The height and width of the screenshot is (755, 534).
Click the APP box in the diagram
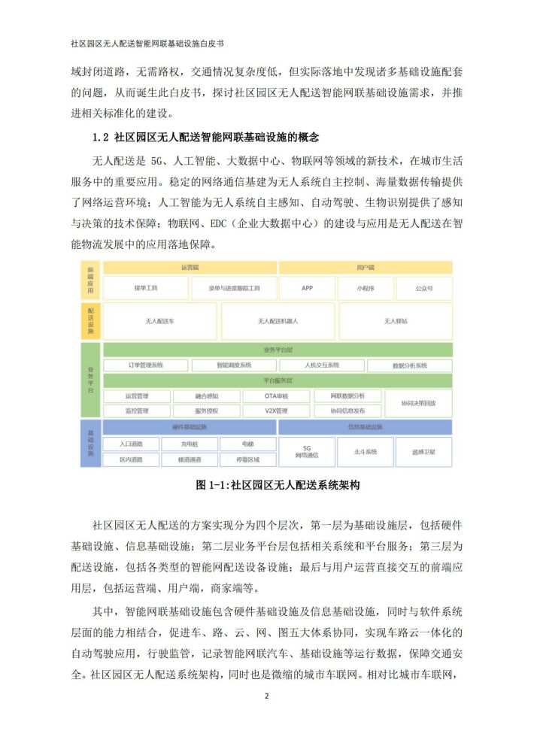coord(307,288)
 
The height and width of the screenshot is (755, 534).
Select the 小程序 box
coord(366,288)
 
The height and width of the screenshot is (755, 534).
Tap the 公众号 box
coord(423,288)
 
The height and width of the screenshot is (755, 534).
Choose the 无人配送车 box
coord(159,321)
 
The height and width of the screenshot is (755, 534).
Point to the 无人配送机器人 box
coord(278,321)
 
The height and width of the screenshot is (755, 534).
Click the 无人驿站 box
coord(396,321)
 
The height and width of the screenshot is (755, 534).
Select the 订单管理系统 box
coord(147,365)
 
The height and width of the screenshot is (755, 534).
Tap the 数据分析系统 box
coord(409,365)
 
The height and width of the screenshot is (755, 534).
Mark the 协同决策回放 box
coord(418,403)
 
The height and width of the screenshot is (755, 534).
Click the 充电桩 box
coord(189,444)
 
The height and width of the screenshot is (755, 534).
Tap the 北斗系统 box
coord(365,452)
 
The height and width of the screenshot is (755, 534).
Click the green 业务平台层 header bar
coord(278,350)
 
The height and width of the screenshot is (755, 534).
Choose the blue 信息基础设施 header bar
coord(366,427)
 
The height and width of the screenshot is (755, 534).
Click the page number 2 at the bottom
coord(267,696)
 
